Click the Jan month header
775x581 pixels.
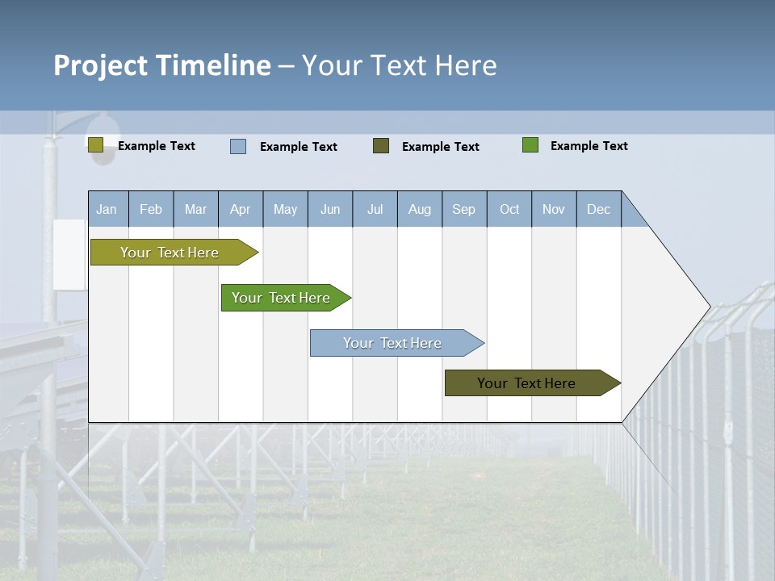(107, 209)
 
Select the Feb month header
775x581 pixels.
(151, 209)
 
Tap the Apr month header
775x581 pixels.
(241, 209)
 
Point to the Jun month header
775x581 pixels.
(330, 209)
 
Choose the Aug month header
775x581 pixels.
(420, 209)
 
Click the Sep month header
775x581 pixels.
(464, 209)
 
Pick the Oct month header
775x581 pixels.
(509, 209)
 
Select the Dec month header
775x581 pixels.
(599, 209)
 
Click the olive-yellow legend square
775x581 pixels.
(95, 145)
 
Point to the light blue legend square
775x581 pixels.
(238, 146)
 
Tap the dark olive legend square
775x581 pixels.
(381, 146)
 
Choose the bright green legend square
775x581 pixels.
(530, 145)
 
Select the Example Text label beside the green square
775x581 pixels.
(589, 146)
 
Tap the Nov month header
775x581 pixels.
(554, 209)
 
